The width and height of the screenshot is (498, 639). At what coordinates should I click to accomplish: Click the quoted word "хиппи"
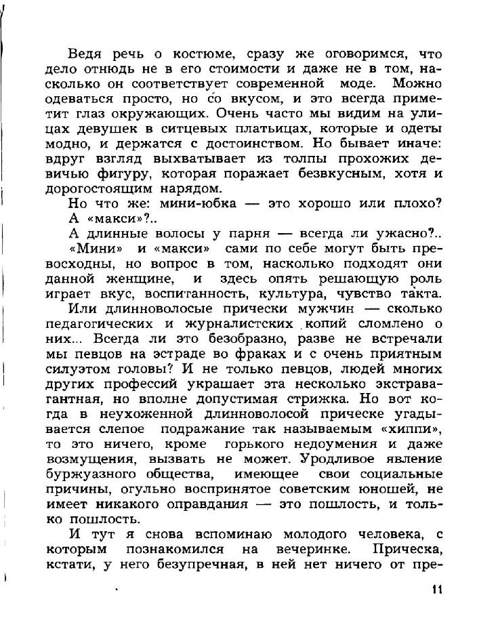tap(415, 430)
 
